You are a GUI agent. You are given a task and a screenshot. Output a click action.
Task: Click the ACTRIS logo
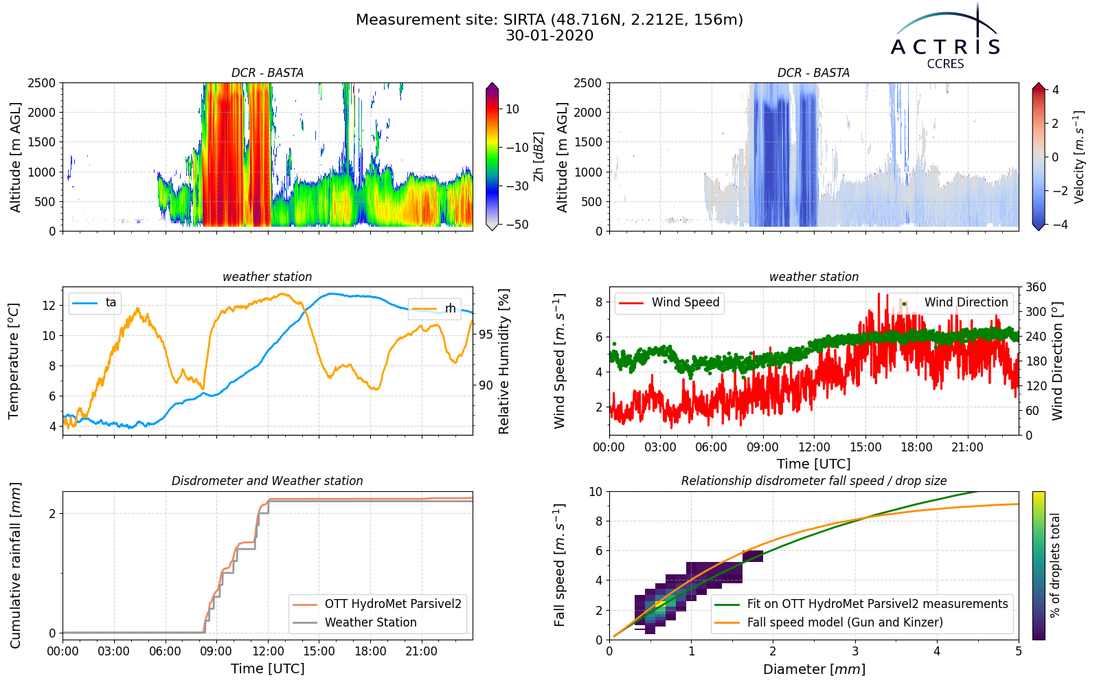[945, 37]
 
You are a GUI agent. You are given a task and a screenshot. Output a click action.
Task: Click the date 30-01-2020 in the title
[549, 36]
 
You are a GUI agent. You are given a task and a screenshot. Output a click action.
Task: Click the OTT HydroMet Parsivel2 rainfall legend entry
[377, 604]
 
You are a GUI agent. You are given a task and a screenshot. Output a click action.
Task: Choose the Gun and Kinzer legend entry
[829, 622]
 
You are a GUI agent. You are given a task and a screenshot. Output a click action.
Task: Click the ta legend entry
[94, 303]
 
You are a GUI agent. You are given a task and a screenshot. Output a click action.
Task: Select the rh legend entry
[433, 308]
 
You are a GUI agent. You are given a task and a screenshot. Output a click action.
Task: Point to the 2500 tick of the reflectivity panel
[42, 83]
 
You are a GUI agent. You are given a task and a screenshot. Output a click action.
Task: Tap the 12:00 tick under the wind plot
[815, 447]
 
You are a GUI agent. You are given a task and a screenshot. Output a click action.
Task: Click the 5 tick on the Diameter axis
[1019, 651]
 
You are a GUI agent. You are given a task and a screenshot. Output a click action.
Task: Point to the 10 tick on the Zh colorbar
[512, 109]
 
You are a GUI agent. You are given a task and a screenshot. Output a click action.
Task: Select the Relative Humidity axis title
[504, 361]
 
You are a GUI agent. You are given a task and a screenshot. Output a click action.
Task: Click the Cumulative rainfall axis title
[15, 565]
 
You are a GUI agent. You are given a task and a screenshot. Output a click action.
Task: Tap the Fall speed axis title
[559, 565]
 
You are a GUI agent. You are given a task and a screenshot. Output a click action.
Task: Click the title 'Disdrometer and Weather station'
[267, 481]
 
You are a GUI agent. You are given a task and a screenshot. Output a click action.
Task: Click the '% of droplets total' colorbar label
[1056, 565]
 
